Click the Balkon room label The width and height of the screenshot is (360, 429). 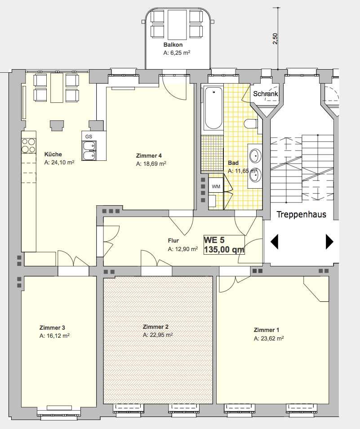[x=173, y=44]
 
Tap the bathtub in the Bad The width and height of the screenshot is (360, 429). [x=213, y=108]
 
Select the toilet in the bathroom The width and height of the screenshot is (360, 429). [x=250, y=124]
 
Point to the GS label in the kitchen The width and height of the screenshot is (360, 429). [x=89, y=137]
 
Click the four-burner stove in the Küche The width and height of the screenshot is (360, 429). [x=28, y=146]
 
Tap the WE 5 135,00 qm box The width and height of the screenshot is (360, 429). [x=224, y=244]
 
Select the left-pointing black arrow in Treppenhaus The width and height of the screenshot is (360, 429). [x=275, y=242]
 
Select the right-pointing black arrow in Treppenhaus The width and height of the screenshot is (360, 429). [x=329, y=242]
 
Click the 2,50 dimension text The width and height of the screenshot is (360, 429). [x=275, y=39]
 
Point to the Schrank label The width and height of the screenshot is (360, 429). [x=265, y=94]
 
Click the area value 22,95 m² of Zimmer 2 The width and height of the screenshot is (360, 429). [x=158, y=335]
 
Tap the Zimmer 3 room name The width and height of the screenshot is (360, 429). [x=52, y=327]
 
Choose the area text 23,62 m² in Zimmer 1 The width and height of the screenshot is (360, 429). [x=269, y=338]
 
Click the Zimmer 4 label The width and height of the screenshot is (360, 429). [x=149, y=156]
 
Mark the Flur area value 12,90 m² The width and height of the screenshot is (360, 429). [x=183, y=249]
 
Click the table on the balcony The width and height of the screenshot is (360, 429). [x=177, y=25]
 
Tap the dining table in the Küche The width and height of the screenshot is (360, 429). [x=57, y=87]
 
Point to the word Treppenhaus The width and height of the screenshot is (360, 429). [x=302, y=214]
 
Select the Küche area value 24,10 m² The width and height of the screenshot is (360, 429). [x=59, y=163]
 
